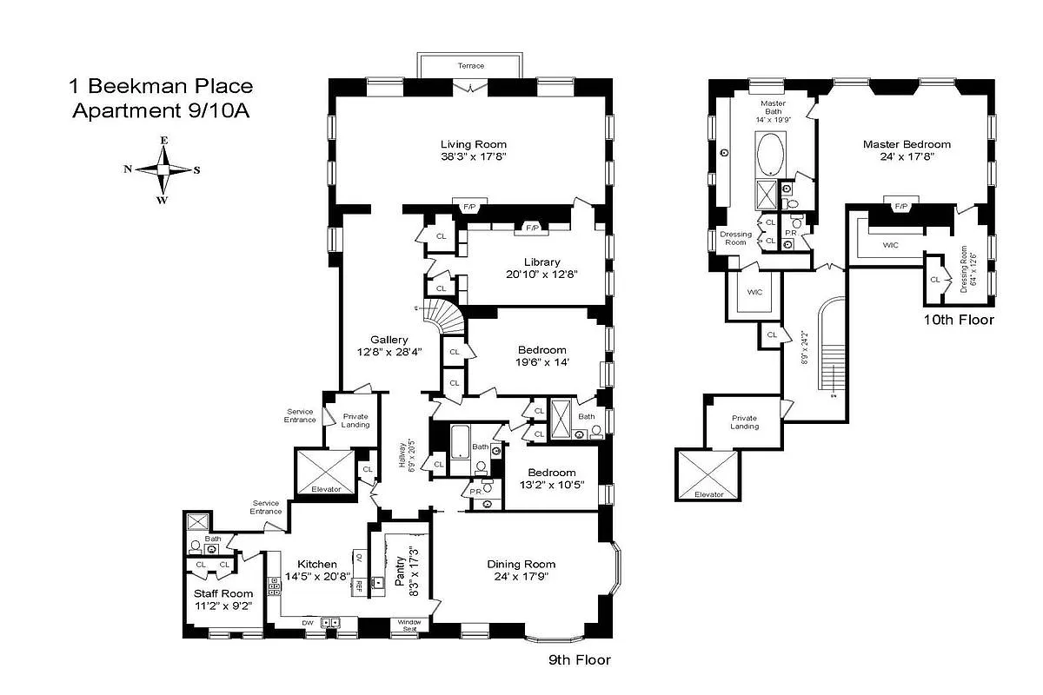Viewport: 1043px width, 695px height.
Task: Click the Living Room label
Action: (473, 144)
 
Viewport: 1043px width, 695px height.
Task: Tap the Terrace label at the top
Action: (471, 66)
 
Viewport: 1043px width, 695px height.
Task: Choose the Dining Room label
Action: (521, 564)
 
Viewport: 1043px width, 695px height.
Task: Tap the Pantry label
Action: (401, 573)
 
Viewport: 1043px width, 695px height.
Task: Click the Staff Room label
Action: (223, 594)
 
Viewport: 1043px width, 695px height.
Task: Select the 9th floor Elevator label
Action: (326, 489)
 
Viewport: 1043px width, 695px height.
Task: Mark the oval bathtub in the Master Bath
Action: (770, 155)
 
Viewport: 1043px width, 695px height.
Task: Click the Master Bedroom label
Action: (907, 144)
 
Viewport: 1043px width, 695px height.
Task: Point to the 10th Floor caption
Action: (959, 321)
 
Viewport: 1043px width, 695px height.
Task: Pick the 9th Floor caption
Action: (579, 660)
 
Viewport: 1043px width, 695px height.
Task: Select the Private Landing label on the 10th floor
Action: (744, 421)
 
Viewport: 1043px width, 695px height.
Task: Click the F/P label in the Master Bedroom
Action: (901, 207)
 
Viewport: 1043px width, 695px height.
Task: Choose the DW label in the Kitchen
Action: (307, 623)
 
